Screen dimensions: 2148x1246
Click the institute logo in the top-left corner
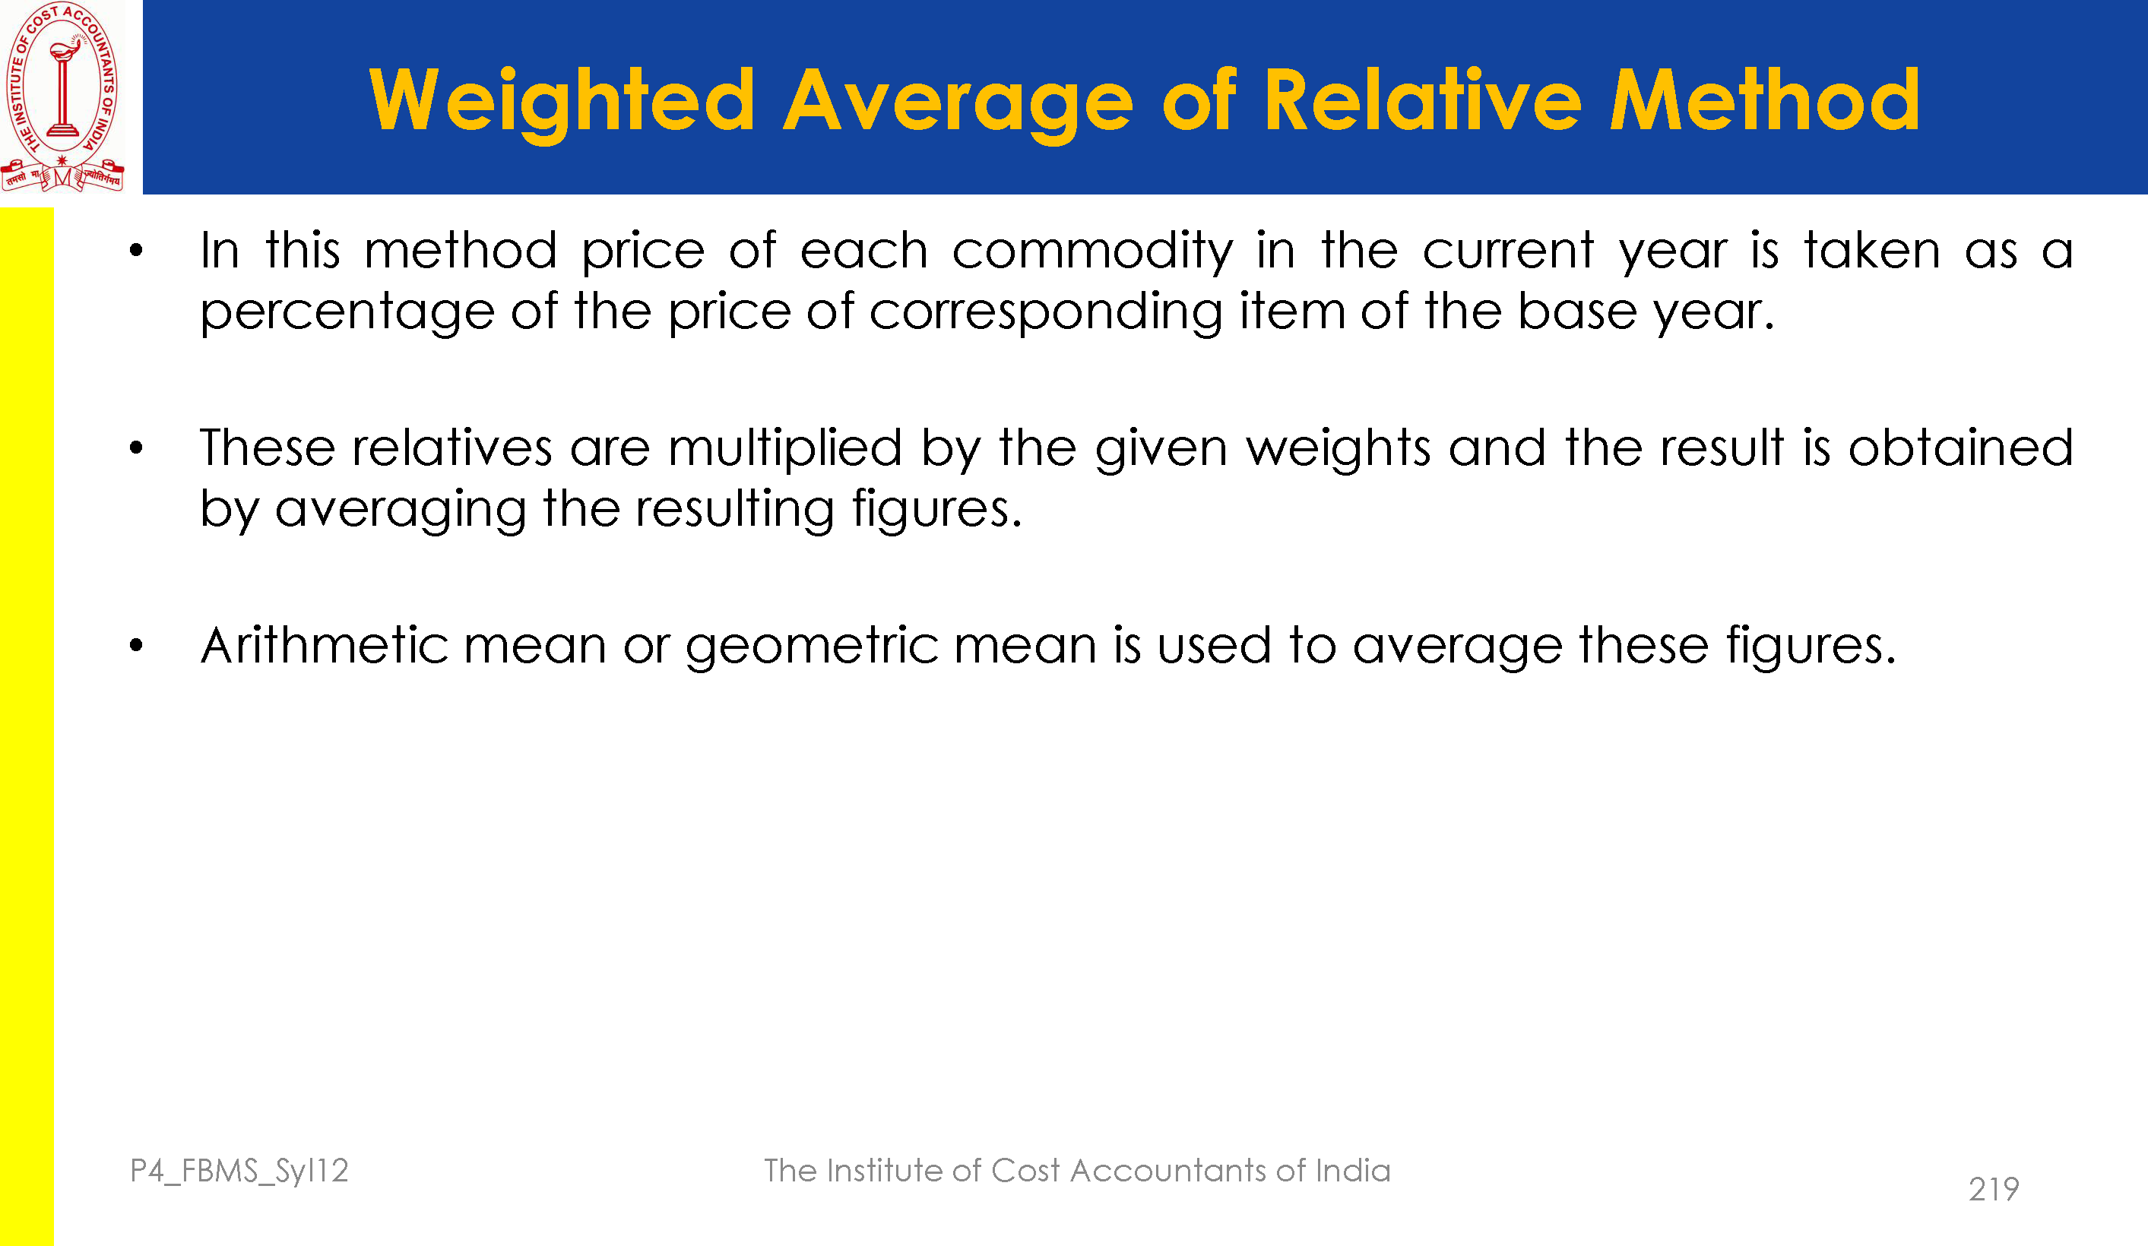point(63,96)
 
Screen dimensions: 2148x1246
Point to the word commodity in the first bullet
point(1093,251)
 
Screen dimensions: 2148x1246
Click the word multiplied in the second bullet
point(785,449)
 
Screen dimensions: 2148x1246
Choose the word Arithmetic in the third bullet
point(325,644)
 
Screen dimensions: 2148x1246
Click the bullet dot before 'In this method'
point(136,251)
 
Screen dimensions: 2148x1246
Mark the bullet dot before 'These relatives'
point(136,447)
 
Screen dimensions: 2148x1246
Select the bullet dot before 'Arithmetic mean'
point(136,645)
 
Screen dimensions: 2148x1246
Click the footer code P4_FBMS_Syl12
point(239,1171)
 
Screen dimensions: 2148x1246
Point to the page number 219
point(1994,1189)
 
